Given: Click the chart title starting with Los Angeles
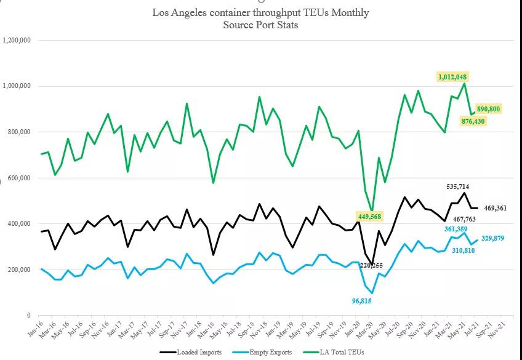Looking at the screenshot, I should point(260,12).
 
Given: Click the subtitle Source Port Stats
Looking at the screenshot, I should point(260,25).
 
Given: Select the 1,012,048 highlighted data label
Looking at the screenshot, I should point(453,77).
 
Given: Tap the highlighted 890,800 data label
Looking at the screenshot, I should point(489,109).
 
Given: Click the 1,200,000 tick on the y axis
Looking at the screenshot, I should point(17,41).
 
